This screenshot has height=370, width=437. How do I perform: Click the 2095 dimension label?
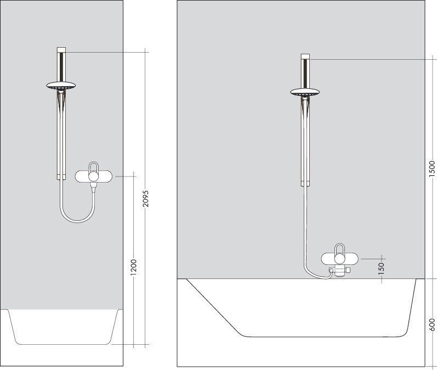pos(145,198)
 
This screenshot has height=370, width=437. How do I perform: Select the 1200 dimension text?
pos(133,267)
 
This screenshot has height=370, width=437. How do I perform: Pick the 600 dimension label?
pos(432,325)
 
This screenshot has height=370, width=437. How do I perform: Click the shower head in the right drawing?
pos(305,92)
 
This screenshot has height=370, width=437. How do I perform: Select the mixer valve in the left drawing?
pos(94,175)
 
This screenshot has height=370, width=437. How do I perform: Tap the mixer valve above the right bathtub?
pos(339,258)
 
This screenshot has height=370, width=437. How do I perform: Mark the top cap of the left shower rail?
pos(61,50)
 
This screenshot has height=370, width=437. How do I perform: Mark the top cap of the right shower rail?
pos(305,57)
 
